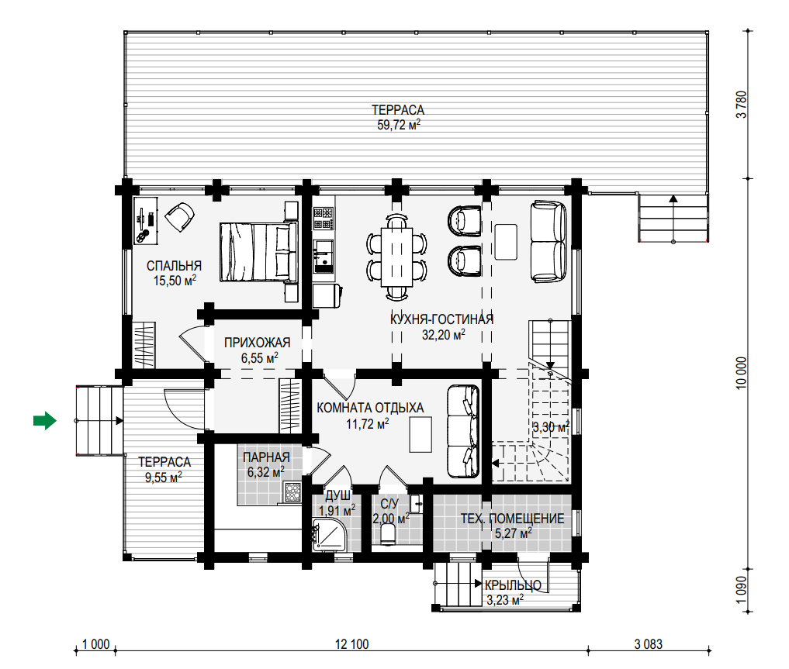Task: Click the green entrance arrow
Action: tap(45, 420)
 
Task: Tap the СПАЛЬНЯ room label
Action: tap(174, 266)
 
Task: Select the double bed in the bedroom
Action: tap(258, 252)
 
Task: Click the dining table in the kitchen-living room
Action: tap(396, 257)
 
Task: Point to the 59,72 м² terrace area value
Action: tap(399, 125)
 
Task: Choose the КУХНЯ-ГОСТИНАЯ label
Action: tap(441, 319)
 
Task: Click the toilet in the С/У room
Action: tap(389, 534)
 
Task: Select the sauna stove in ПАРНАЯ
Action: tap(292, 492)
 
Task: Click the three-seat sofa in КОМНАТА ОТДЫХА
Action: tap(463, 431)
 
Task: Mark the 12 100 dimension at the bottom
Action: tap(351, 644)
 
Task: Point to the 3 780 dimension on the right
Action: tap(742, 105)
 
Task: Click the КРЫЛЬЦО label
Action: tap(513, 585)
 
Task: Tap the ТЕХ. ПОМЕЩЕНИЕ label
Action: tap(512, 519)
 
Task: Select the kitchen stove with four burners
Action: tap(324, 219)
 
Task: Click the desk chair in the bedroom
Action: tap(179, 216)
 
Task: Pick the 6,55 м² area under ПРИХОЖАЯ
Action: tap(260, 358)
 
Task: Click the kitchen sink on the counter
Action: tap(323, 257)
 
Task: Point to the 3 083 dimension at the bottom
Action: tap(649, 644)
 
